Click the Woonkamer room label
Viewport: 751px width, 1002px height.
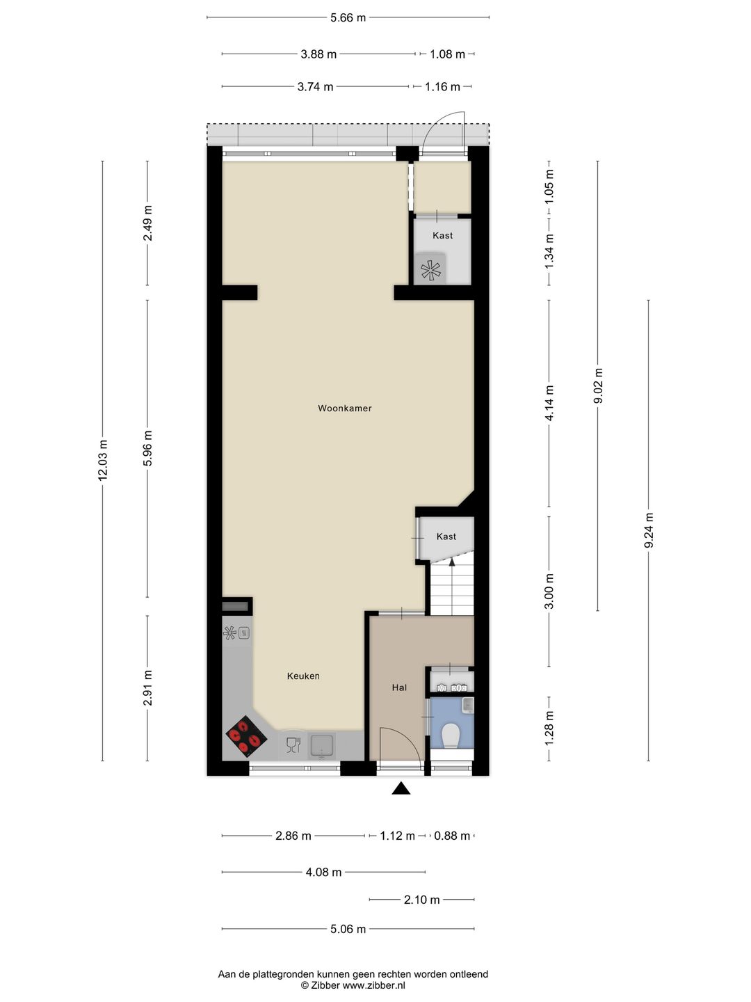point(344,408)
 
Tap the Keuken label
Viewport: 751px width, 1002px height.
point(303,676)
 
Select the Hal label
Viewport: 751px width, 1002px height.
point(399,687)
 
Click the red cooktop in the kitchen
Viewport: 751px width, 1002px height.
point(246,736)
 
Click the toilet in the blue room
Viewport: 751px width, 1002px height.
point(451,735)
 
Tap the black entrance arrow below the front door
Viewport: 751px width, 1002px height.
point(401,788)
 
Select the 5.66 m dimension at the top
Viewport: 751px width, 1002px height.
point(348,18)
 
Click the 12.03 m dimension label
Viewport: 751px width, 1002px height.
point(103,459)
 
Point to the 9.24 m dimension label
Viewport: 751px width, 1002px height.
point(649,530)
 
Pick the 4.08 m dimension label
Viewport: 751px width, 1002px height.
point(323,872)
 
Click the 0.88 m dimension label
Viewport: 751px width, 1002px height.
point(451,836)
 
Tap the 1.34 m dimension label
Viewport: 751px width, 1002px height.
point(549,251)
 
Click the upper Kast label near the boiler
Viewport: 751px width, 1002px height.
point(443,235)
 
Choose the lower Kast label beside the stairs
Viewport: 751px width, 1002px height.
point(446,536)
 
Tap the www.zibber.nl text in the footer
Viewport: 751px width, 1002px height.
point(373,972)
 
